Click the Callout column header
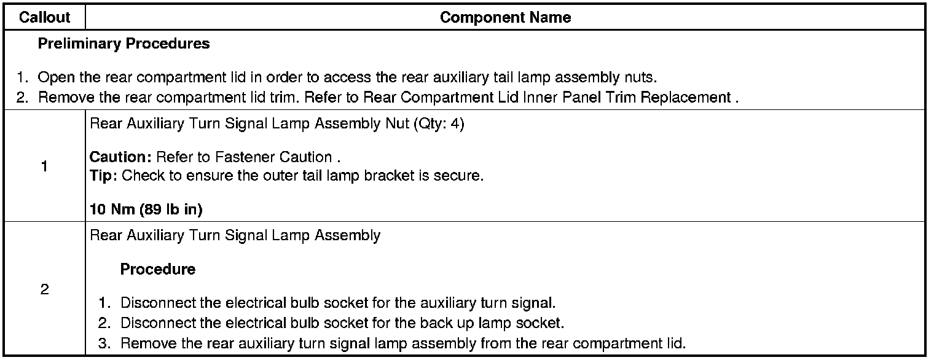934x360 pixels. [45, 18]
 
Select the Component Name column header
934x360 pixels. [505, 18]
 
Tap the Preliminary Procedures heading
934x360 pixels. [124, 44]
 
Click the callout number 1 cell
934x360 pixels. [45, 166]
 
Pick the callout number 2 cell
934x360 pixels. [45, 289]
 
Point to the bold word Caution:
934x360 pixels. [121, 157]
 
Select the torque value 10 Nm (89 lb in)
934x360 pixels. [146, 209]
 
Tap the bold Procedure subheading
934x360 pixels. [158, 269]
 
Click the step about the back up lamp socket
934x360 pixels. [342, 323]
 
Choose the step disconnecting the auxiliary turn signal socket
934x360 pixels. [337, 303]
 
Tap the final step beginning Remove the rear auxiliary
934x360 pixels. [402, 343]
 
